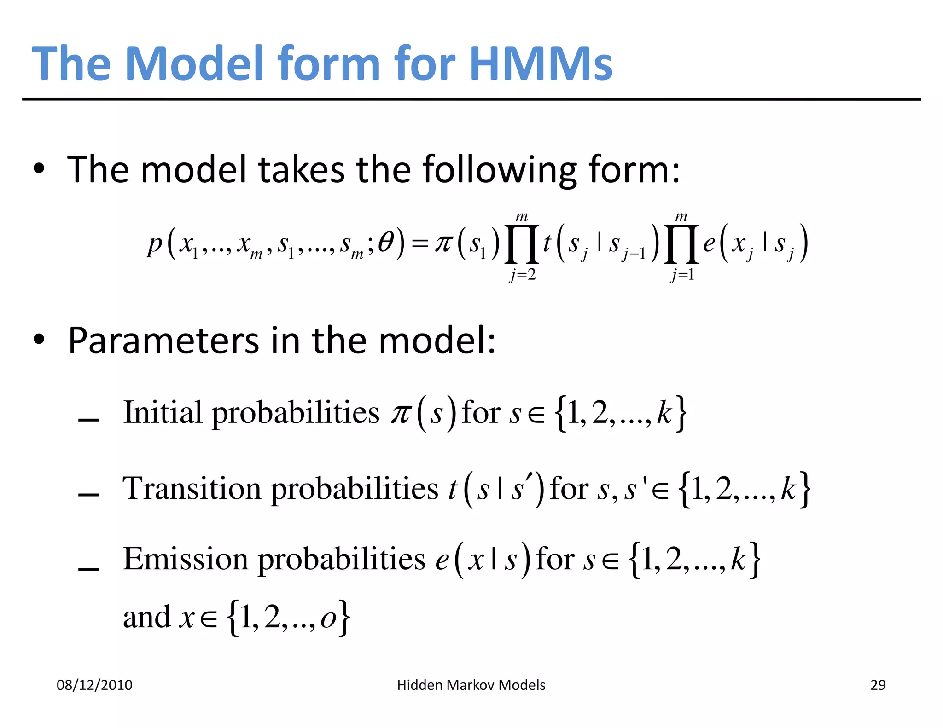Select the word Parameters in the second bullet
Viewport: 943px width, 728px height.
(164, 341)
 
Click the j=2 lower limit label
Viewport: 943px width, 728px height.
(523, 275)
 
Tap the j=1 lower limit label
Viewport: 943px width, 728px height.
(682, 275)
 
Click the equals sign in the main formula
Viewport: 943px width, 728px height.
(419, 244)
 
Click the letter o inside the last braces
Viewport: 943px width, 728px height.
(328, 618)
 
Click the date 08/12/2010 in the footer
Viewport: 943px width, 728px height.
(94, 685)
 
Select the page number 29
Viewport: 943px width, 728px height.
(878, 685)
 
